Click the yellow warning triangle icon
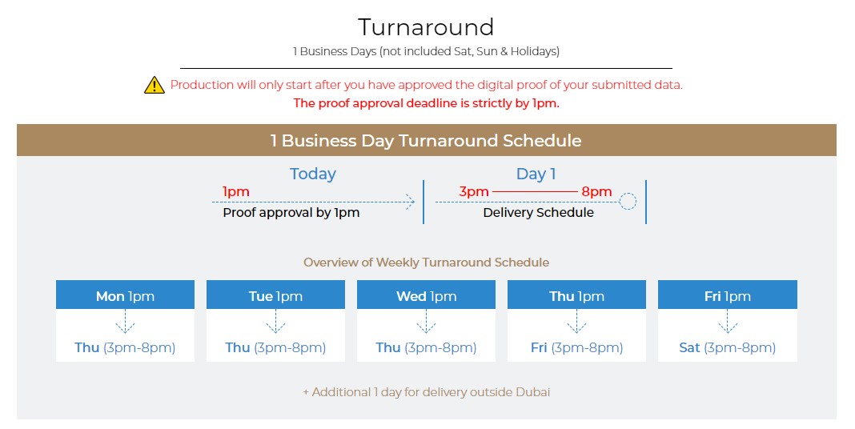click(155, 85)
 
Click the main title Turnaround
click(426, 27)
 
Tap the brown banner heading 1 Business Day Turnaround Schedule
click(426, 141)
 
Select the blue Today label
click(312, 174)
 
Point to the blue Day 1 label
click(536, 174)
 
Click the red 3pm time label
click(474, 192)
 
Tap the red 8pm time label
click(596, 192)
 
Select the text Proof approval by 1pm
click(291, 213)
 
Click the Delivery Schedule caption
click(538, 213)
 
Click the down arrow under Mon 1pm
click(126, 321)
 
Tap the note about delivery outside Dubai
click(427, 392)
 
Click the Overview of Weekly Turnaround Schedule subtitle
click(427, 263)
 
